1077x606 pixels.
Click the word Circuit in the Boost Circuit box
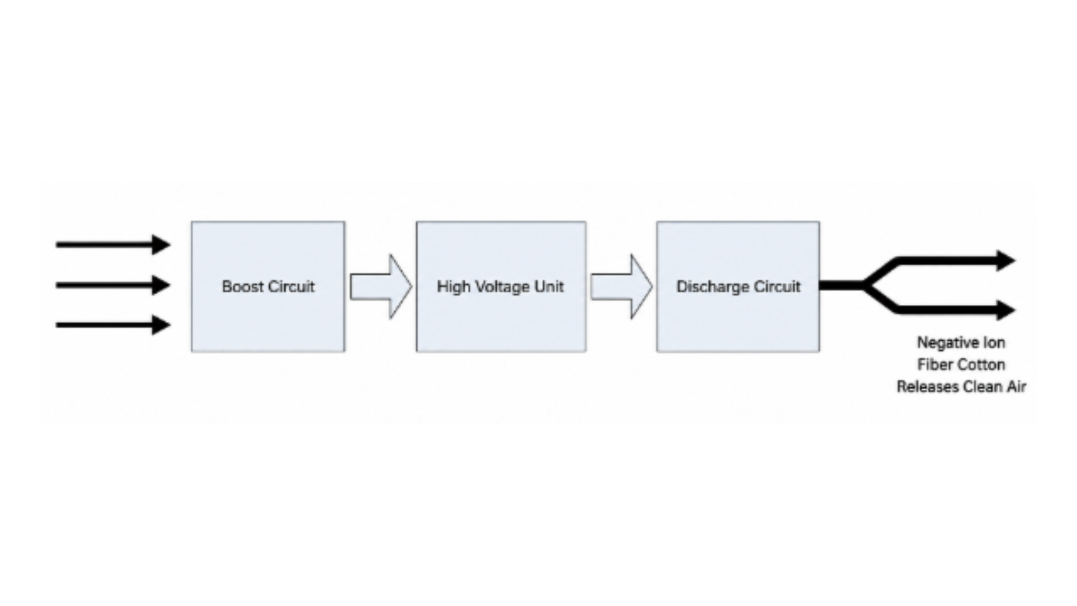pyautogui.click(x=291, y=287)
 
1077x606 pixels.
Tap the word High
pyautogui.click(x=454, y=287)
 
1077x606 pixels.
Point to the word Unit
pyautogui.click(x=549, y=287)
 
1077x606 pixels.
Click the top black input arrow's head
pyautogui.click(x=162, y=245)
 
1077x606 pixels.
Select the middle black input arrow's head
pyautogui.click(x=162, y=285)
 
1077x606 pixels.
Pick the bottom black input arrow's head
pyautogui.click(x=162, y=325)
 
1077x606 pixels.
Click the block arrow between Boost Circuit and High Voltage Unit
pyautogui.click(x=381, y=287)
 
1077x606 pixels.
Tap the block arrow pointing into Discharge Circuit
pyautogui.click(x=622, y=287)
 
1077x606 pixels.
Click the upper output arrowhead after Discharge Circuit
pyautogui.click(x=1006, y=261)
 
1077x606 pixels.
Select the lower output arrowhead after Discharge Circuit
pyautogui.click(x=1006, y=310)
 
